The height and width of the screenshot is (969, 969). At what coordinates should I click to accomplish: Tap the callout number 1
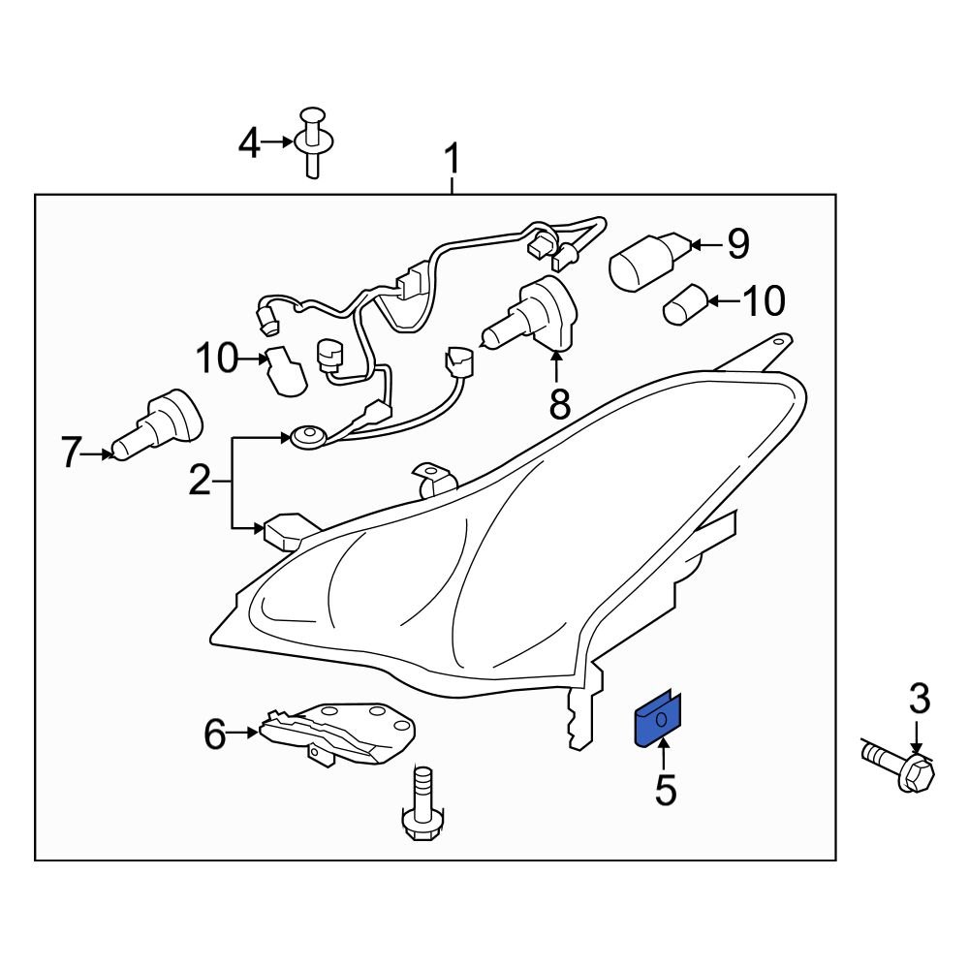(x=452, y=160)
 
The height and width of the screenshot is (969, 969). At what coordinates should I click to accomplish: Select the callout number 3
(x=919, y=699)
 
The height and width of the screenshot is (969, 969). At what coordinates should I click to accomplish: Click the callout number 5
(x=664, y=790)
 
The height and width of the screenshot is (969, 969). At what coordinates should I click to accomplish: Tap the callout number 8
(x=559, y=403)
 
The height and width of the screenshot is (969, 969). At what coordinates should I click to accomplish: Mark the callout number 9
(x=738, y=244)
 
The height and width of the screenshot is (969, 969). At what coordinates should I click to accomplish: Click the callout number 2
(x=199, y=482)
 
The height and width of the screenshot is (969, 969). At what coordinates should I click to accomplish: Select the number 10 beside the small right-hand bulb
(x=763, y=301)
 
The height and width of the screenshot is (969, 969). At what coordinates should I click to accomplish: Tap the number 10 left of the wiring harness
(x=217, y=359)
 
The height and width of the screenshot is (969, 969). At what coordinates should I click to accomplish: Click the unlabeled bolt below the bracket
(x=422, y=806)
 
